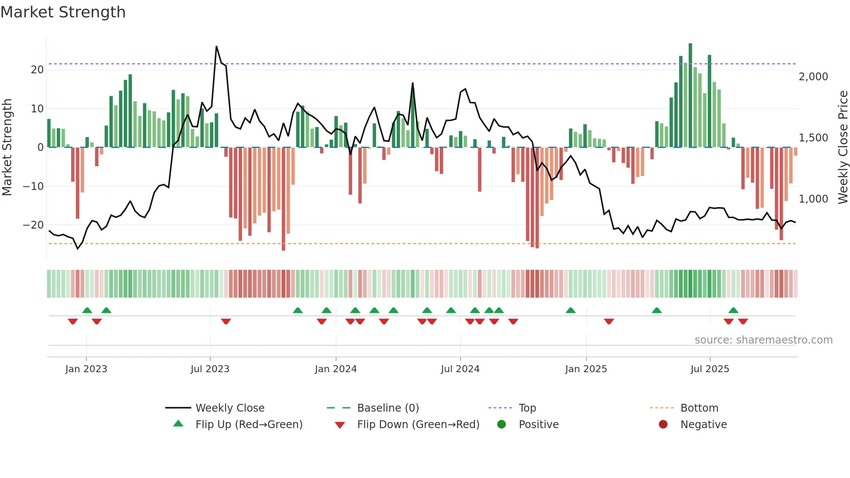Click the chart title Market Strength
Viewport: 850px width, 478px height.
tap(63, 12)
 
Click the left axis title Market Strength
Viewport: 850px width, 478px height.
tap(7, 147)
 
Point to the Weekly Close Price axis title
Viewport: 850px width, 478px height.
tap(843, 147)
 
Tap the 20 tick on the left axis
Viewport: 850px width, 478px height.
tap(37, 70)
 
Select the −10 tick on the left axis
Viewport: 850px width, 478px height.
tap(33, 187)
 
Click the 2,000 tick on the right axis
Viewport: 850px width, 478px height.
tap(813, 77)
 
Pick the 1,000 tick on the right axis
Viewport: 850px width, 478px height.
tap(813, 199)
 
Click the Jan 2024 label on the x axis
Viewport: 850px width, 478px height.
tap(336, 369)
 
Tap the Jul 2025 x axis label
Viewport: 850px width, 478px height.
tap(709, 369)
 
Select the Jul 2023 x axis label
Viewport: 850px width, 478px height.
tap(210, 369)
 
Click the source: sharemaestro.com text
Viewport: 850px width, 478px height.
tap(763, 340)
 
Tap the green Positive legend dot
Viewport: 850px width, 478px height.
tap(501, 425)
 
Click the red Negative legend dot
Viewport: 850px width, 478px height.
tap(663, 425)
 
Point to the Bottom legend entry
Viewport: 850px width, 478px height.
tap(699, 408)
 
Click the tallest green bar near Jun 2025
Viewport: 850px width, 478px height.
tap(690, 95)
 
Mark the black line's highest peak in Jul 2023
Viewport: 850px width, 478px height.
tap(216, 47)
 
